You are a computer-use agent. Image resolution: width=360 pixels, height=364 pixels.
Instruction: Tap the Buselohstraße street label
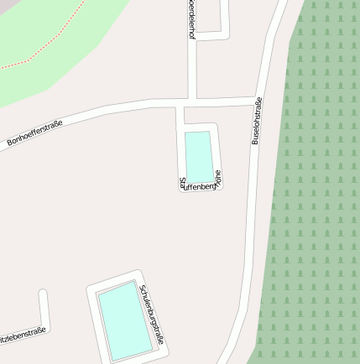pyautogui.click(x=257, y=121)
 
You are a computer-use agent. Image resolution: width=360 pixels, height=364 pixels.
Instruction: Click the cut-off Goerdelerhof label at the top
pyautogui.click(x=191, y=18)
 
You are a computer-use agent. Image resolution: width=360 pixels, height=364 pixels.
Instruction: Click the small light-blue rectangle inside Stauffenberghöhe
pyautogui.click(x=198, y=155)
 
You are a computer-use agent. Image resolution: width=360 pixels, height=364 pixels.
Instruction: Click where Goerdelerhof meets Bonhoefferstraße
pyautogui.click(x=191, y=104)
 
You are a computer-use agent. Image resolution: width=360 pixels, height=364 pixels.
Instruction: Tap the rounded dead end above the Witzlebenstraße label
pyautogui.click(x=43, y=294)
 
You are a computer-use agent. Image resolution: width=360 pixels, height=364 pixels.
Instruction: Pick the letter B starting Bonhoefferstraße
pyautogui.click(x=10, y=143)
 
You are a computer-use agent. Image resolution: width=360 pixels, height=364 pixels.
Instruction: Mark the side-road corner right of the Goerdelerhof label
pyautogui.click(x=225, y=34)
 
